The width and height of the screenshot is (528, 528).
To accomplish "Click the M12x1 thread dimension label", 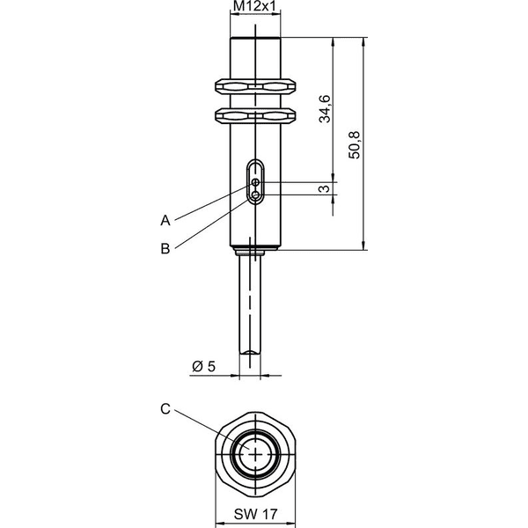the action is [254, 6].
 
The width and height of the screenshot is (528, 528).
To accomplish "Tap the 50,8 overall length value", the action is [355, 145].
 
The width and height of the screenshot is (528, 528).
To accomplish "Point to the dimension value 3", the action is [324, 188].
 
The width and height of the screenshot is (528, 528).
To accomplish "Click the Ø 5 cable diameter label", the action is [204, 366].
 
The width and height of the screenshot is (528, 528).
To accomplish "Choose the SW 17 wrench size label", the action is [255, 514].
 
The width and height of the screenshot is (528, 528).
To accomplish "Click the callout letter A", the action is [165, 221].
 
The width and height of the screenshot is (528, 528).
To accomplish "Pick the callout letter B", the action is [165, 249].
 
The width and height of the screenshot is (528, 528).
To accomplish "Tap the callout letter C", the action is [165, 409].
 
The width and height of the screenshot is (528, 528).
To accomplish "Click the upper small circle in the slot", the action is [256, 182].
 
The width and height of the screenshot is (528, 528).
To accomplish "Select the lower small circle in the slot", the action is [256, 194].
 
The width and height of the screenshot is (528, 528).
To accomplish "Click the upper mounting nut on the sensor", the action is [255, 86].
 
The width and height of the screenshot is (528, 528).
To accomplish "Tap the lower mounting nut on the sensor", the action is [255, 115].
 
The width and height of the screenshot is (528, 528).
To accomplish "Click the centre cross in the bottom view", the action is [255, 454].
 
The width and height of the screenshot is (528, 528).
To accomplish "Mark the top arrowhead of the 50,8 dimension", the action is [363, 41].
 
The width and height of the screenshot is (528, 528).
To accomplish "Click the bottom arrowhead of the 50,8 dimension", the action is [363, 246].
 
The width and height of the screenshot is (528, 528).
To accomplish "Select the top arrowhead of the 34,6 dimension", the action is [334, 41].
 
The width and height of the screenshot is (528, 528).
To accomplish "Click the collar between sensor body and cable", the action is [255, 251].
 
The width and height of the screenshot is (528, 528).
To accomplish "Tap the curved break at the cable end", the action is [250, 352].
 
